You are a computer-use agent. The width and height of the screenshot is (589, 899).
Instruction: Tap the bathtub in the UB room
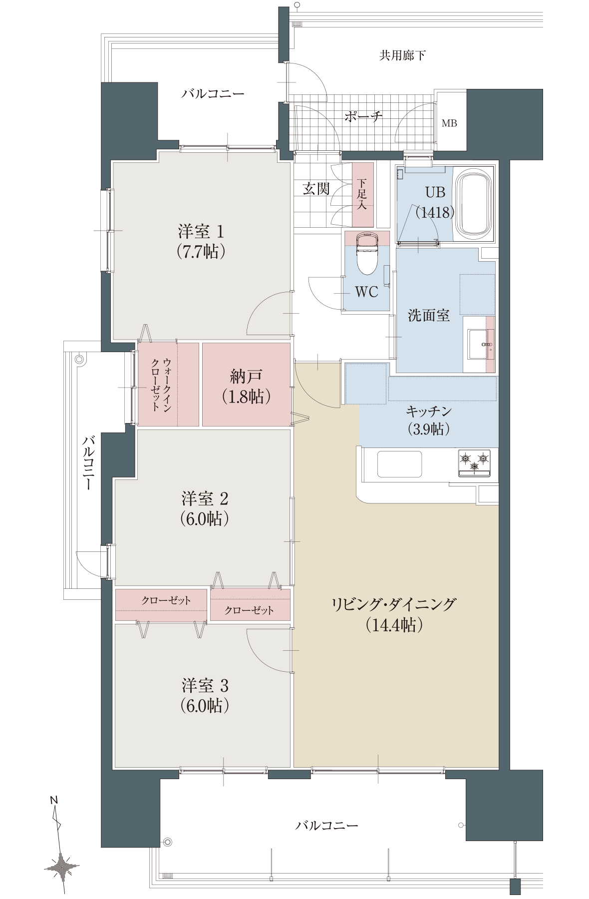tap(474, 203)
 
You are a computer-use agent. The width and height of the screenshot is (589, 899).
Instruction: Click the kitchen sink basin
tap(399, 464)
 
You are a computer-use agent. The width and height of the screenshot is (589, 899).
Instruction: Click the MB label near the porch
tap(449, 123)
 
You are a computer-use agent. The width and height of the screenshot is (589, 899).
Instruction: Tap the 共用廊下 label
tap(402, 55)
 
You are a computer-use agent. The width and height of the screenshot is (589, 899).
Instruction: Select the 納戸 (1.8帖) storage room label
tap(246, 386)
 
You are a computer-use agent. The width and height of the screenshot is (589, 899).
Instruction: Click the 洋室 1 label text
tap(201, 231)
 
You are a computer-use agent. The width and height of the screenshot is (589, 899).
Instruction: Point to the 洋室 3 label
tap(205, 685)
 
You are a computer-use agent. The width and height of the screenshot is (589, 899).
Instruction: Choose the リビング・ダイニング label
tap(394, 604)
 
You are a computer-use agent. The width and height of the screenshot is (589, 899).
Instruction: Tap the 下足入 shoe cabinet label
tap(362, 194)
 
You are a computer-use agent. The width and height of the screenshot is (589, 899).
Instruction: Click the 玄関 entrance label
tap(316, 188)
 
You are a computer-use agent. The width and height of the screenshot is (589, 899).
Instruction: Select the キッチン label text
tap(429, 411)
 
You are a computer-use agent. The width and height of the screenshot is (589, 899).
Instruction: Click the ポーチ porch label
tap(363, 116)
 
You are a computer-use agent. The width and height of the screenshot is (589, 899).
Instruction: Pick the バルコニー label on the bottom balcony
tap(327, 825)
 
